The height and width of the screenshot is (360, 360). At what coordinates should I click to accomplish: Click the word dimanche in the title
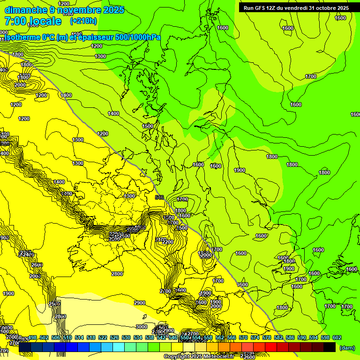coord(23,9)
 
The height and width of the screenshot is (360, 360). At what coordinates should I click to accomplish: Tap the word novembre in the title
coord(75,9)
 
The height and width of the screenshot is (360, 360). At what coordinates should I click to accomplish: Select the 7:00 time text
coord(15,21)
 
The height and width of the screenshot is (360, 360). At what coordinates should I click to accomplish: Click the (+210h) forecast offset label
coord(83,21)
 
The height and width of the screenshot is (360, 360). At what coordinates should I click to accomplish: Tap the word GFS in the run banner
coord(264,8)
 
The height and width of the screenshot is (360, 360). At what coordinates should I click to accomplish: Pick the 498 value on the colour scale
coord(33,337)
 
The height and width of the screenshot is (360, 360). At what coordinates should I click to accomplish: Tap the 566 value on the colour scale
coord(232,337)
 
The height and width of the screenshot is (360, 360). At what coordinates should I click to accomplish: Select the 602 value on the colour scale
coord(337,337)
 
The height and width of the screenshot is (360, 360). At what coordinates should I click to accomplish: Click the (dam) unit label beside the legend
coord(347,348)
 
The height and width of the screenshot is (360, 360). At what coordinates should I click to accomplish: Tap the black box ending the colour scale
coord(330,347)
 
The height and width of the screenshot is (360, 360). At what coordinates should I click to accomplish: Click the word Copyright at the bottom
coord(178,357)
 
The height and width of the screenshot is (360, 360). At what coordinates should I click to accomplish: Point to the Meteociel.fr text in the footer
coord(218,357)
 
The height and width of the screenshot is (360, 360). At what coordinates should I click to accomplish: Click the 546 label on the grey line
coord(159,198)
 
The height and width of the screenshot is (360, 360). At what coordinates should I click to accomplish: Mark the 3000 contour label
coord(141,327)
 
